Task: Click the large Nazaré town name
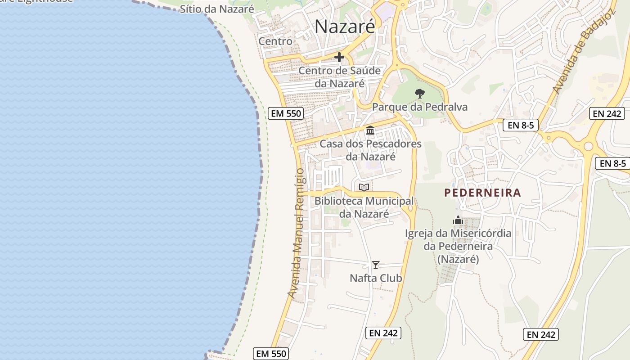pos(344,27)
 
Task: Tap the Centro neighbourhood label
pos(275,41)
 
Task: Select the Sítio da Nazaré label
pos(217,9)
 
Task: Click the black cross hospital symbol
pos(339,58)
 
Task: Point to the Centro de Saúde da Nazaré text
pos(340,77)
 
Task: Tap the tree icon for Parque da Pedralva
pos(419,94)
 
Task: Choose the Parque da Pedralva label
pos(419,107)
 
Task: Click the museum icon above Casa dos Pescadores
pos(370,130)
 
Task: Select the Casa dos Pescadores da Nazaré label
pos(370,150)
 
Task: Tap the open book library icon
pos(364,187)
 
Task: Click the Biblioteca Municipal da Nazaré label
pos(364,207)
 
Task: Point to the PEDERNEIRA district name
pos(482,193)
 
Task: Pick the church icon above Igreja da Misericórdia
pos(458,220)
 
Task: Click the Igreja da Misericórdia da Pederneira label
pos(458,246)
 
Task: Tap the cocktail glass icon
pos(376,265)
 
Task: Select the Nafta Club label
pos(376,278)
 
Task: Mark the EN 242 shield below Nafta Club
pos(383,333)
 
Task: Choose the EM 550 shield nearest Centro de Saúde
pos(286,113)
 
